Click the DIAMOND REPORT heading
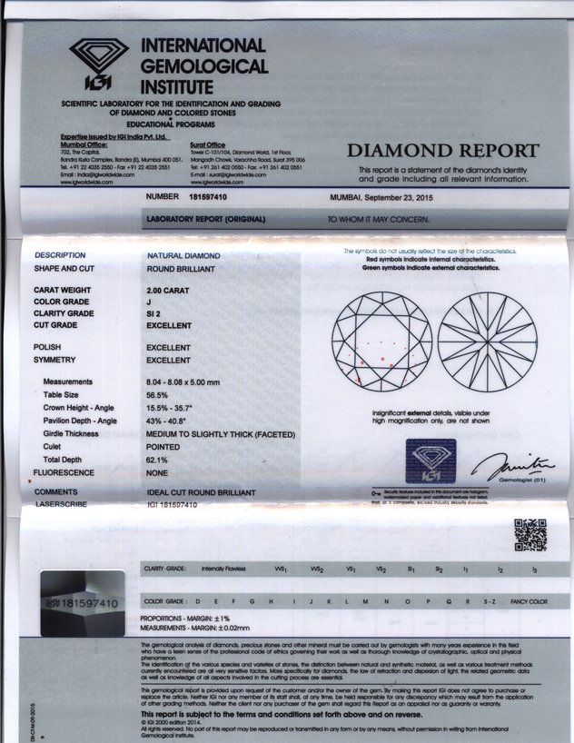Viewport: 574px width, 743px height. (x=443, y=151)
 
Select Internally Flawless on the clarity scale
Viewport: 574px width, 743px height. (x=224, y=569)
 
